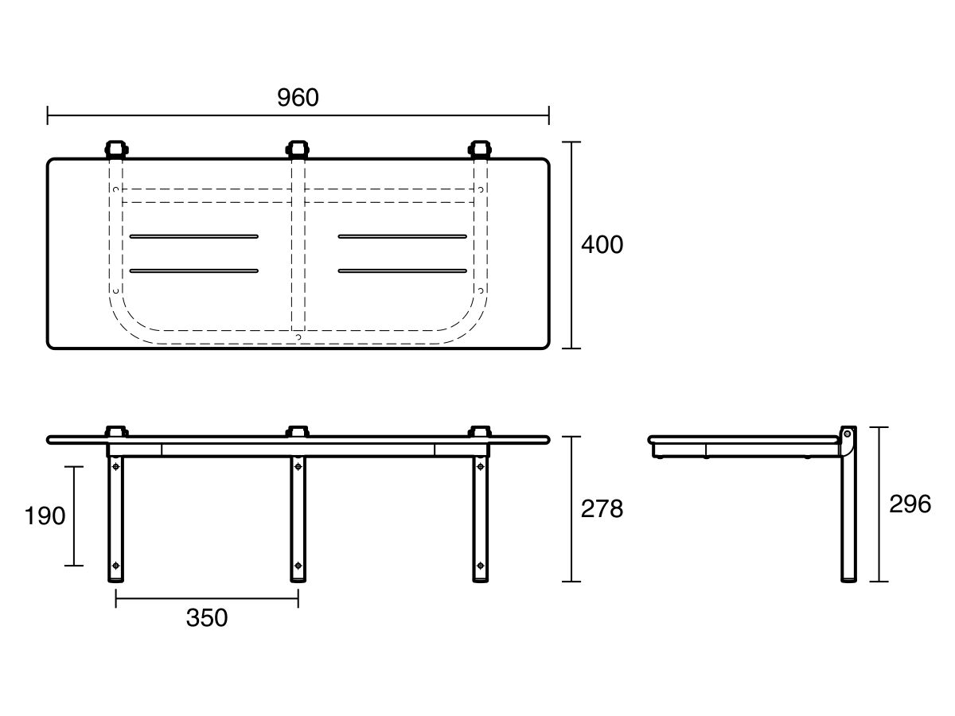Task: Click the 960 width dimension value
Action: (298, 97)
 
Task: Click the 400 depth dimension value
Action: (602, 244)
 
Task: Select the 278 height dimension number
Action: (602, 508)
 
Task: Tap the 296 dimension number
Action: (910, 504)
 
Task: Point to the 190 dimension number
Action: (45, 516)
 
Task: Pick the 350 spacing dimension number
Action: (207, 617)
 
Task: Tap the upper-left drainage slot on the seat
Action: (194, 236)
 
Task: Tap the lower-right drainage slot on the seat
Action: (403, 270)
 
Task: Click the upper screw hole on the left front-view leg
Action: (115, 466)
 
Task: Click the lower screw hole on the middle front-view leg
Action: (298, 566)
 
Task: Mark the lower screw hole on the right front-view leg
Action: (481, 566)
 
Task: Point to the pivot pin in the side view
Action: (847, 434)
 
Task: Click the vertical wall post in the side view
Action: (848, 504)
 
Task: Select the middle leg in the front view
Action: (298, 519)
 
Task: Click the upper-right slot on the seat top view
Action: (403, 236)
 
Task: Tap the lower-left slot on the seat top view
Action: (194, 270)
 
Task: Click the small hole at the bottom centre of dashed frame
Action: (298, 337)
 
